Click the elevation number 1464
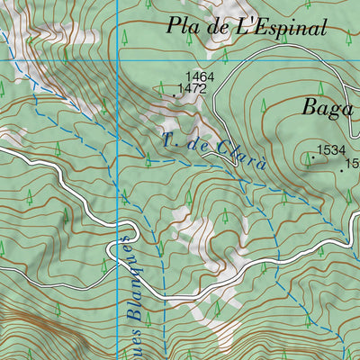pos(200,77)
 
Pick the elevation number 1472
pos(193,89)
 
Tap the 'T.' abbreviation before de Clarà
pos(170,138)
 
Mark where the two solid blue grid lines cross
pos(118,59)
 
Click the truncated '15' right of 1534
pos(353,164)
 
